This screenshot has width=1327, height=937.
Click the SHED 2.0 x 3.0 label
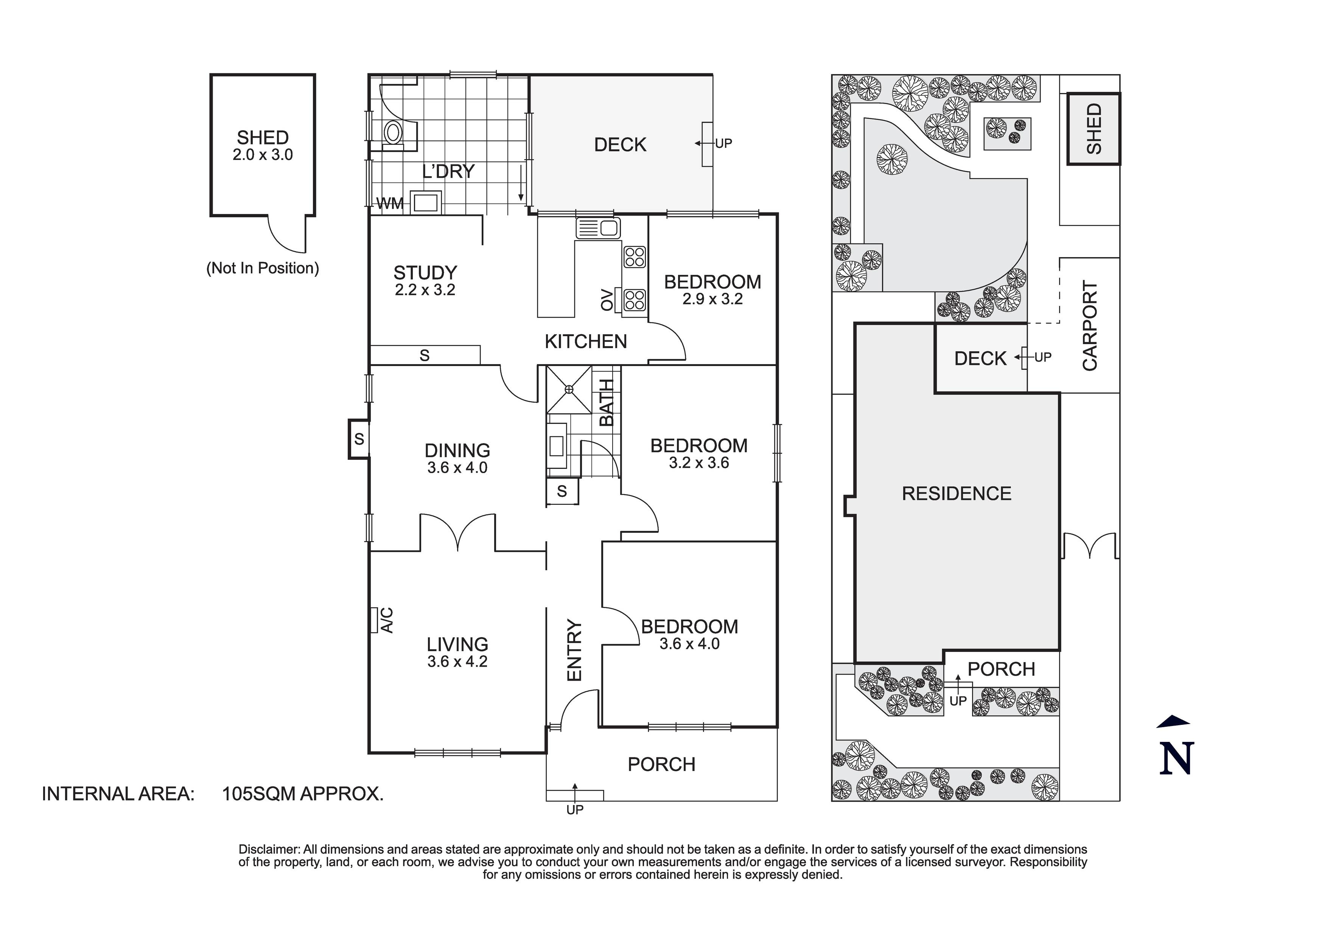[262, 146]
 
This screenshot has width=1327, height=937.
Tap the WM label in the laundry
[389, 203]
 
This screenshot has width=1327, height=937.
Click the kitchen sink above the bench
[598, 228]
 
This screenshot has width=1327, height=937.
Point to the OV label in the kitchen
[606, 299]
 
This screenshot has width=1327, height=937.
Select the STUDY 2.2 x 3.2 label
[425, 280]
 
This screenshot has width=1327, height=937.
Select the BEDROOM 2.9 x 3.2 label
[712, 289]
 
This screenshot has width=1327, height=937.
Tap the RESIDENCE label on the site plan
[957, 493]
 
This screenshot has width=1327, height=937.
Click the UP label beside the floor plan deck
[723, 143]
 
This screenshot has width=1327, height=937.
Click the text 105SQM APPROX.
[303, 794]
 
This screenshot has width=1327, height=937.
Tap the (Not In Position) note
[262, 268]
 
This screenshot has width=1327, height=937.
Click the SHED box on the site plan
[1093, 129]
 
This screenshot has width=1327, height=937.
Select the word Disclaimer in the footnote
[269, 849]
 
